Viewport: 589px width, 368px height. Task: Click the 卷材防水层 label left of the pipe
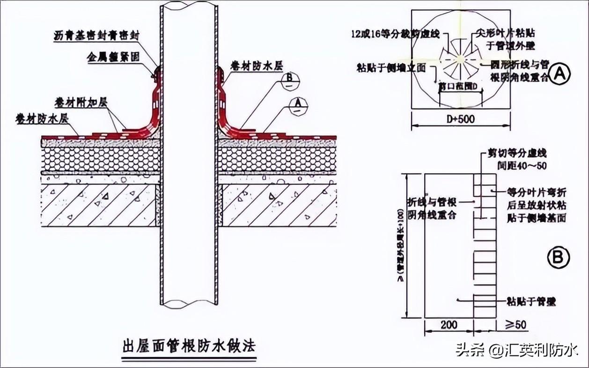(x=42, y=118)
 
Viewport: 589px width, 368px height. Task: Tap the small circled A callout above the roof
(x=298, y=106)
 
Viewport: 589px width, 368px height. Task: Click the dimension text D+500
(x=461, y=119)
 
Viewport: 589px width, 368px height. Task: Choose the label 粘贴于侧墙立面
(x=390, y=68)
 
